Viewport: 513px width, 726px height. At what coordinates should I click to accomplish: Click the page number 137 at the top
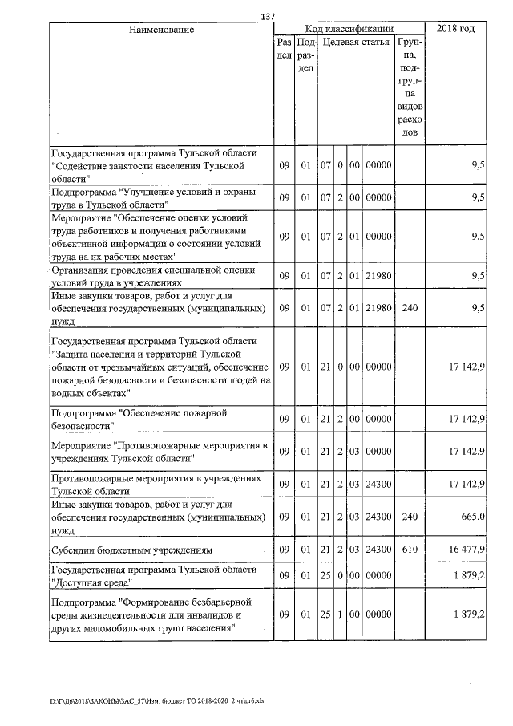[x=268, y=17]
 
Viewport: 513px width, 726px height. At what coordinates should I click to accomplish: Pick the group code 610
[x=410, y=550]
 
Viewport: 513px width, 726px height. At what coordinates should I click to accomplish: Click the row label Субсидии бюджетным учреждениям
[x=131, y=550]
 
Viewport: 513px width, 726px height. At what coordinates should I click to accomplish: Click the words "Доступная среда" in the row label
[x=90, y=582]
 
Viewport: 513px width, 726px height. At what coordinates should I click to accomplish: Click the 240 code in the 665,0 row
[x=410, y=517]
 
